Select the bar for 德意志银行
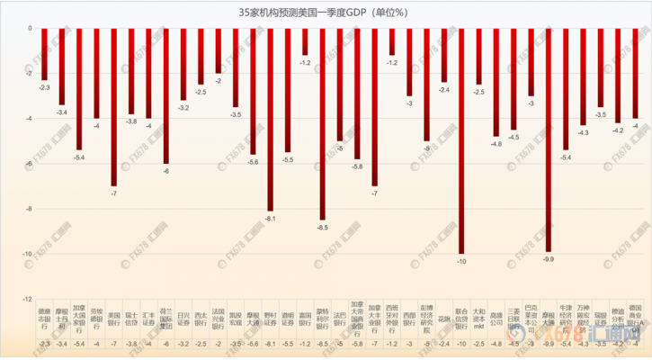click(44, 53)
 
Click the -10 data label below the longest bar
click(462, 261)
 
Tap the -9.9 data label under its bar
click(549, 259)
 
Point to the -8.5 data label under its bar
click(323, 228)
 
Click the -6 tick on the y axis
click(30, 164)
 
